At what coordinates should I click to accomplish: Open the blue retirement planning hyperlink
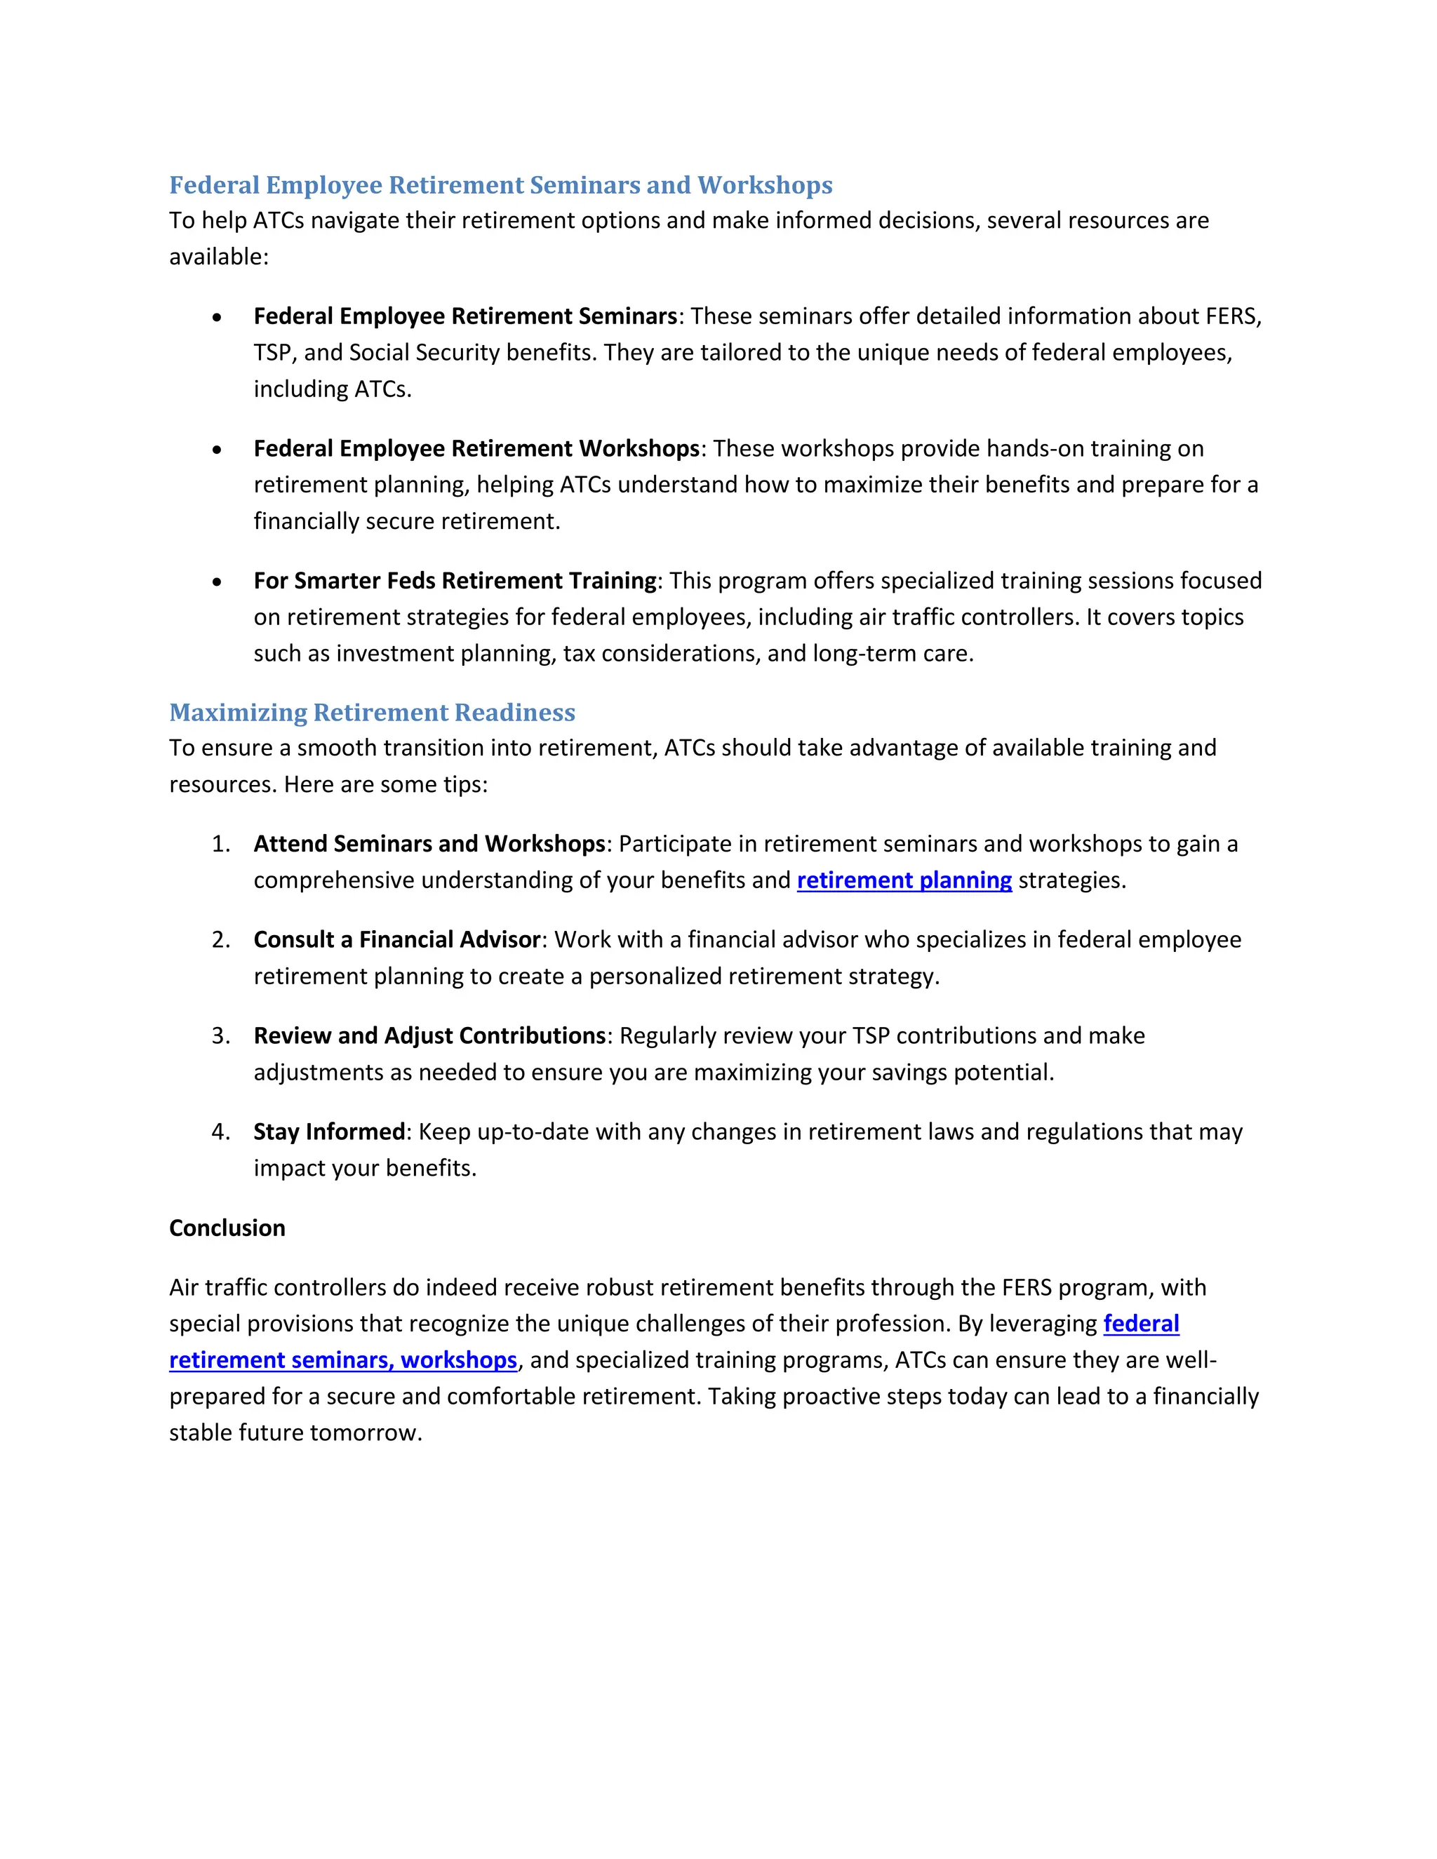[904, 880]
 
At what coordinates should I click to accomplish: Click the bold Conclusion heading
[227, 1228]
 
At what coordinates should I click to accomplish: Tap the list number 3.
[220, 1036]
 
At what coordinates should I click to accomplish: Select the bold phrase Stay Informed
[328, 1132]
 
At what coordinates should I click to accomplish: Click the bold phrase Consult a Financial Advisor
[396, 940]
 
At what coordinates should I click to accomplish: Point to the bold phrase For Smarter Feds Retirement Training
[455, 581]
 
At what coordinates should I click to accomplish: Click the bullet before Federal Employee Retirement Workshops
[218, 450]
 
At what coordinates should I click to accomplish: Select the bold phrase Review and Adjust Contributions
[429, 1036]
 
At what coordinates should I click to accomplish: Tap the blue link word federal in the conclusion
[1141, 1324]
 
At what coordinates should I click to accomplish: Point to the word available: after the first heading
[219, 257]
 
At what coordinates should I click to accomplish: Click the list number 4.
[220, 1132]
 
